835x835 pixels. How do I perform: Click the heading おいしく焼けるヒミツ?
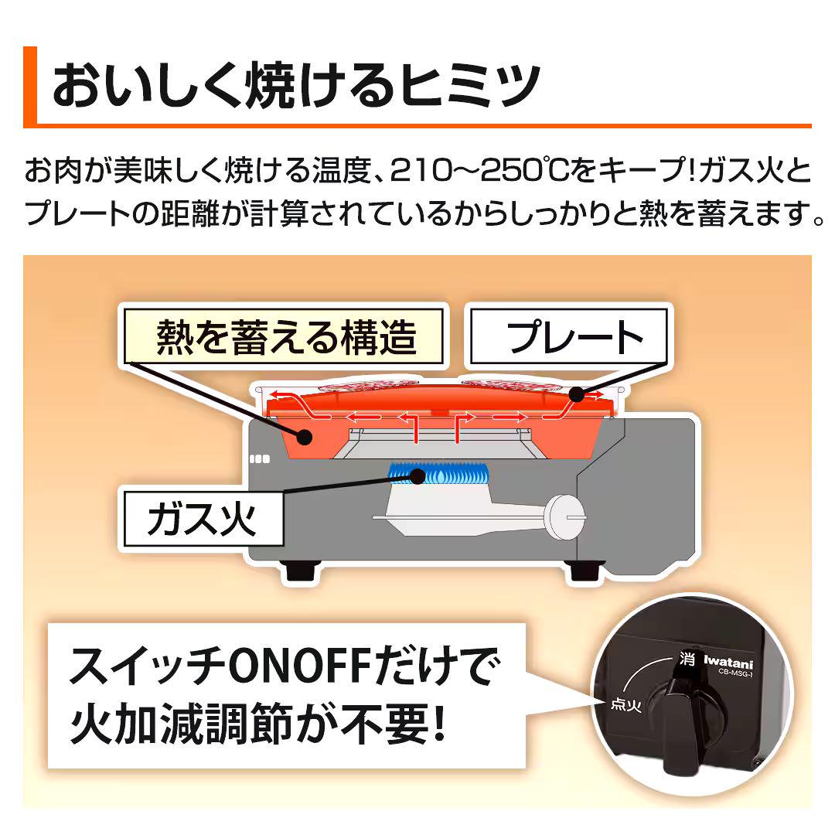(296, 85)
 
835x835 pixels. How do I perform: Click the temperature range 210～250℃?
(479, 170)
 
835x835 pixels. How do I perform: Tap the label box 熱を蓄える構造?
(284, 336)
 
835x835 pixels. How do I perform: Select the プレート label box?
(569, 336)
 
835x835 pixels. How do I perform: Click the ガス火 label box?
(203, 519)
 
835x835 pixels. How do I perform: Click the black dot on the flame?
(418, 475)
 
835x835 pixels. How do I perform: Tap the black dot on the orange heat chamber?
(305, 437)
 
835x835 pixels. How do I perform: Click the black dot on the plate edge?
(576, 394)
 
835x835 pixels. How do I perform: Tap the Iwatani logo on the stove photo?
(728, 663)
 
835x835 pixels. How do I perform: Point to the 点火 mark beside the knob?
(625, 704)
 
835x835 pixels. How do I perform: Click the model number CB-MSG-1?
(735, 673)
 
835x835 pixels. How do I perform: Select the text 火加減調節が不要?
(257, 723)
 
